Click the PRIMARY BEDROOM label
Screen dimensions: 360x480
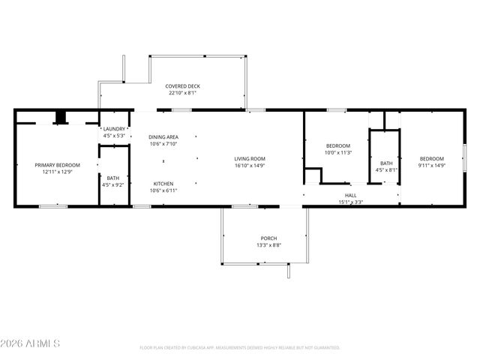pos(57,164)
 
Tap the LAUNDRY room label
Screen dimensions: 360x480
pos(114,129)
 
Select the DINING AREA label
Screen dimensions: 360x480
pos(163,136)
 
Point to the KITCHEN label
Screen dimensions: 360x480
pos(163,184)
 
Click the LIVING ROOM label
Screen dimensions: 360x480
pos(250,158)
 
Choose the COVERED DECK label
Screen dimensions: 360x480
pos(182,86)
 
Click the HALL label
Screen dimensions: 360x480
pos(350,195)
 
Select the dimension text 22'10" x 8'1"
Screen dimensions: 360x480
pos(182,94)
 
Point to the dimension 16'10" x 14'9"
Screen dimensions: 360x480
pos(250,166)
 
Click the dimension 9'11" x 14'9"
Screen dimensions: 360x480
pos(431,166)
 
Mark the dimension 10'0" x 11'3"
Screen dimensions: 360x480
pos(337,152)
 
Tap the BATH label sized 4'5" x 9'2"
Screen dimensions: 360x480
pos(112,178)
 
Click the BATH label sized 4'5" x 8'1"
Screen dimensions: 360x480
pos(386,163)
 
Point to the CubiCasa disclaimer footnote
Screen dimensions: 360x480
pos(240,348)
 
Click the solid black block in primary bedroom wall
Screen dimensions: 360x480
pos(61,118)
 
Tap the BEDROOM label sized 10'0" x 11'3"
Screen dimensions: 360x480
pos(337,145)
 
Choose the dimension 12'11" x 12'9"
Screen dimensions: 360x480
pos(57,172)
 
